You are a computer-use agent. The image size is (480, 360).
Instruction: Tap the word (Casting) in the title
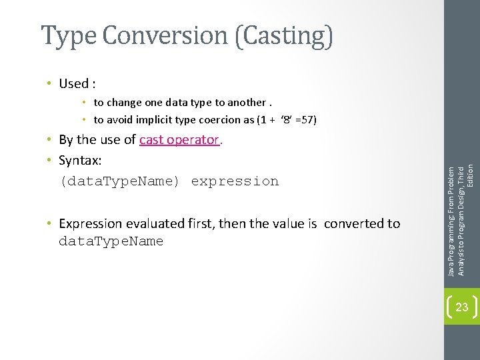pos(283,36)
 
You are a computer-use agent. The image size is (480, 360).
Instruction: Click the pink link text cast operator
pos(179,140)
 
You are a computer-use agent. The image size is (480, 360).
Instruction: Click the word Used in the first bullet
pos(74,84)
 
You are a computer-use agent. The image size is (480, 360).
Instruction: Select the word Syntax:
pos(80,161)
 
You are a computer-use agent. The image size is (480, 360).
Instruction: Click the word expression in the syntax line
pos(235,181)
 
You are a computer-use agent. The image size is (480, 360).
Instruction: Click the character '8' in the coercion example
pos(287,120)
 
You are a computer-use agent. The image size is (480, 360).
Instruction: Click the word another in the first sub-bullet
pos(246,103)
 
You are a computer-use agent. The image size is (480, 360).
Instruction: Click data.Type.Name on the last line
pos(111,241)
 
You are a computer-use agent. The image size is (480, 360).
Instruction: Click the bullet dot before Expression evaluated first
pos(51,224)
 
